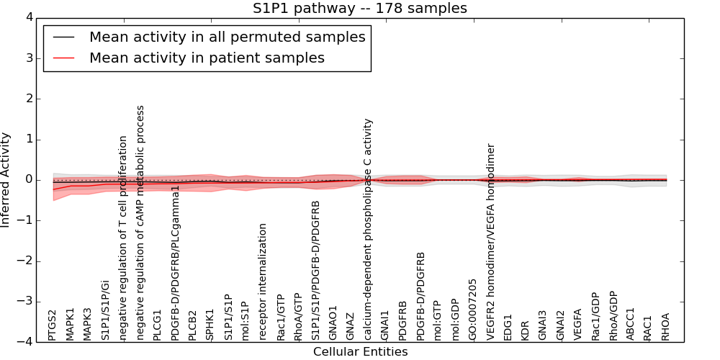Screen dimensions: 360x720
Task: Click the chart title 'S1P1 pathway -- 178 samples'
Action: tap(359, 9)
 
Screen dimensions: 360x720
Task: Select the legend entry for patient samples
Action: tap(207, 58)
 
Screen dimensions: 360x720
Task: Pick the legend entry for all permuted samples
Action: tap(227, 36)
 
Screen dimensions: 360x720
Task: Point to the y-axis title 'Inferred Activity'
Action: tap(6, 180)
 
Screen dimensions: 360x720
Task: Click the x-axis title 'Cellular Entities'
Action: tap(360, 352)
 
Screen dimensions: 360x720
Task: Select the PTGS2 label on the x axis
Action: tap(53, 325)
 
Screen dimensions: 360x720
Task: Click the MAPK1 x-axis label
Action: tap(71, 324)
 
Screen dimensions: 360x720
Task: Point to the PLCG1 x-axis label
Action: tap(158, 325)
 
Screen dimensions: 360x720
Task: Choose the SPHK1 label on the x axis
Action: tap(210, 325)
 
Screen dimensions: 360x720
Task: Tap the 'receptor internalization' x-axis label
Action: tap(263, 282)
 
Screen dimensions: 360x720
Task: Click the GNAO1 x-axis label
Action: tap(333, 323)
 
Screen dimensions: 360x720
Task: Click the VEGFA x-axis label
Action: tap(577, 325)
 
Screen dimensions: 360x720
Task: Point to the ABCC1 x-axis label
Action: tap(630, 324)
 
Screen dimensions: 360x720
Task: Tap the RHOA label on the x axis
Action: tap(665, 326)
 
